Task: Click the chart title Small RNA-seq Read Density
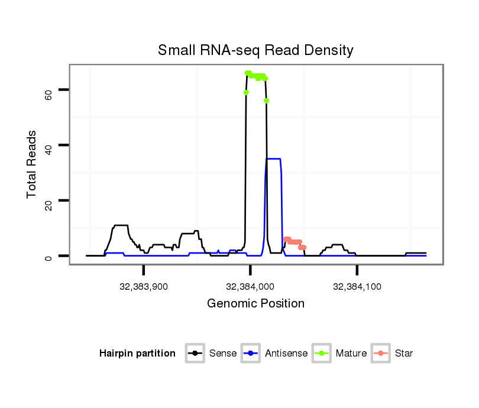point(255,50)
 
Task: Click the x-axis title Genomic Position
point(255,304)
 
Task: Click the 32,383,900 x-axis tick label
point(144,287)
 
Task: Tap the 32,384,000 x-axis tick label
point(250,287)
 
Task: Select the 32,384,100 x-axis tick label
point(357,287)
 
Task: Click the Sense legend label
point(223,354)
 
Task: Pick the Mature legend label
point(351,354)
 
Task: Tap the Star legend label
point(404,354)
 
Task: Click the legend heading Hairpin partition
point(137,354)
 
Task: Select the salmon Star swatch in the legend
point(381,354)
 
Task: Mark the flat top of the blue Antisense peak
point(273,158)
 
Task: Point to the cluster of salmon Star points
point(293,241)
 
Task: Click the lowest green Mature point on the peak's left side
point(246,92)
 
